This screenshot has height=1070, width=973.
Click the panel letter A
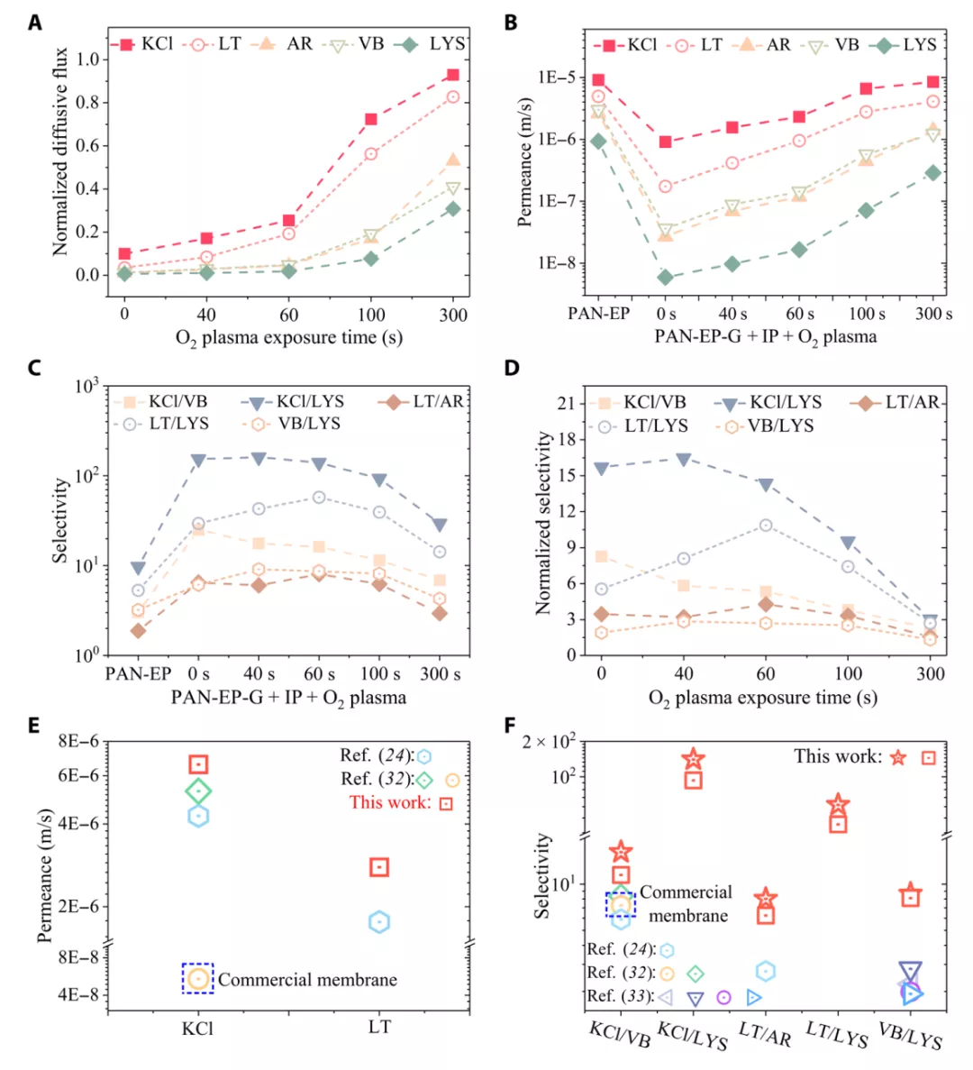pos(34,23)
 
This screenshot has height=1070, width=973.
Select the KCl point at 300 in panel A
pos(452,75)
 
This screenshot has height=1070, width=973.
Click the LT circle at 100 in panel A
pos(370,154)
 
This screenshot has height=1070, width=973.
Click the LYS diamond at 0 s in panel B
pos(665,278)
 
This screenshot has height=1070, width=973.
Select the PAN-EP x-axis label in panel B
pos(598,314)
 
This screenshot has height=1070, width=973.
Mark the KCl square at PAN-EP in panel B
pos(598,80)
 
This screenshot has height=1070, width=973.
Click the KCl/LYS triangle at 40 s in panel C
pos(259,458)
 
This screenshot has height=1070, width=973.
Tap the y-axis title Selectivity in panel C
pos(60,520)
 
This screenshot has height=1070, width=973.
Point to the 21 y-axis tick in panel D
pos(566,403)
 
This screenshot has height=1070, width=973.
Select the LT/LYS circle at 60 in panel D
pos(765,525)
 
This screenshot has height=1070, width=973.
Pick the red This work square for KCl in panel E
pos(198,764)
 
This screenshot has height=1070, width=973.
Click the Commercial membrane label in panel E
pos(306,979)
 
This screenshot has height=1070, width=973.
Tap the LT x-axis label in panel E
pos(379,1027)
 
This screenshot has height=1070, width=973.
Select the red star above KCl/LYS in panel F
pos(693,760)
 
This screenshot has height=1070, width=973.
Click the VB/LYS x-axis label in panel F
pos(909,1037)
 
